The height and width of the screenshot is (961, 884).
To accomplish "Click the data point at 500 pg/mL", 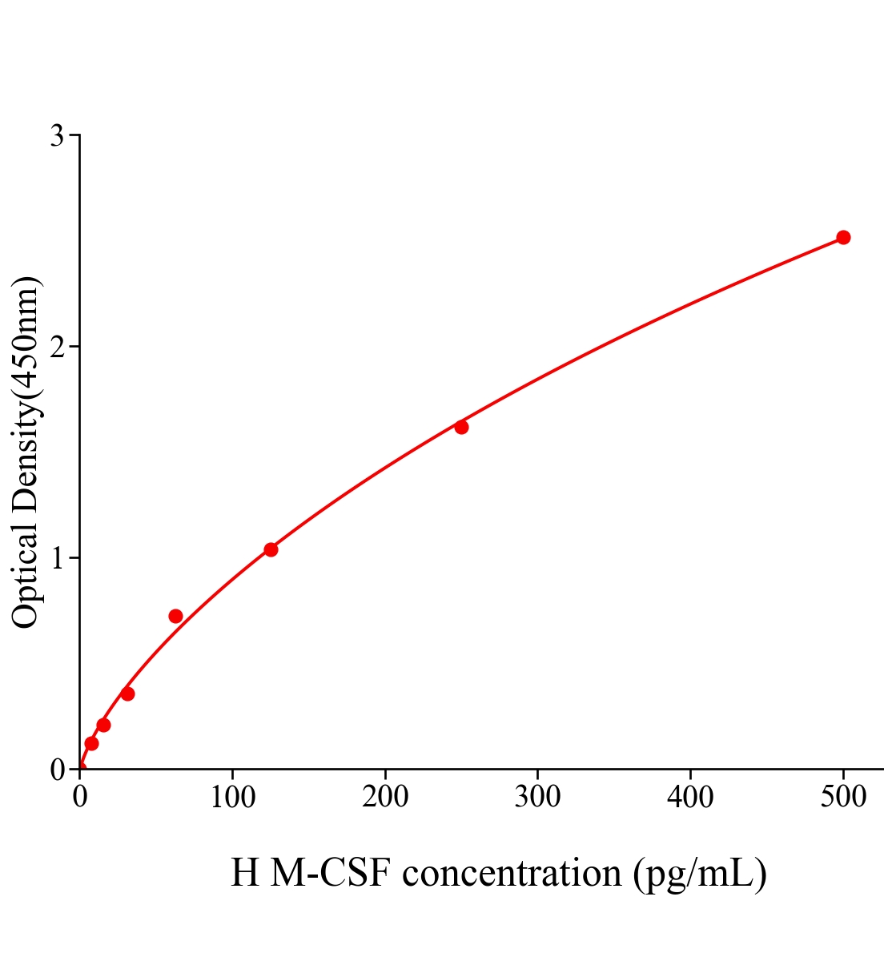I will pyautogui.click(x=843, y=237).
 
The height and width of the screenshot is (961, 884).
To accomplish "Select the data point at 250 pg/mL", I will pyautogui.click(x=461, y=427).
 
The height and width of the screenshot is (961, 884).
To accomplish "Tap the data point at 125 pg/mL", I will pyautogui.click(x=271, y=549).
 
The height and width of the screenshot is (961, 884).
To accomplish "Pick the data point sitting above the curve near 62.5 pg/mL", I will pyautogui.click(x=175, y=616).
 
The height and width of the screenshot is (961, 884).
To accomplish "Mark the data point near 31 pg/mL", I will pyautogui.click(x=127, y=694).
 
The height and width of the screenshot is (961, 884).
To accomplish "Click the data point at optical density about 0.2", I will pyautogui.click(x=103, y=725).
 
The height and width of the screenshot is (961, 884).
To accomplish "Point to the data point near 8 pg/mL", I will pyautogui.click(x=91, y=743).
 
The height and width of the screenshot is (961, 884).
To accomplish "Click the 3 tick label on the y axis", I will pyautogui.click(x=57, y=136).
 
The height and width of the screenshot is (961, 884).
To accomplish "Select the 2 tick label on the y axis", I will pyautogui.click(x=57, y=347).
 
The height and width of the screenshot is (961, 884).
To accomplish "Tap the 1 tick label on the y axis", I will pyautogui.click(x=57, y=558).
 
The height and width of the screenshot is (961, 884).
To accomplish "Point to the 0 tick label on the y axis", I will pyautogui.click(x=57, y=770).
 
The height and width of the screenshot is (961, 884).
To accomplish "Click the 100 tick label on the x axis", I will pyautogui.click(x=232, y=798).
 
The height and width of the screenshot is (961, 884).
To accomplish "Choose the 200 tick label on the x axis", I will pyautogui.click(x=385, y=798).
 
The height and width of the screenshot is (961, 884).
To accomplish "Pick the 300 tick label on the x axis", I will pyautogui.click(x=537, y=798).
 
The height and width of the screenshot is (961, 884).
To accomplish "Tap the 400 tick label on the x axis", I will pyautogui.click(x=690, y=798).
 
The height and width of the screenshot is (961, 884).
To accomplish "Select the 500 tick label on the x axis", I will pyautogui.click(x=843, y=798).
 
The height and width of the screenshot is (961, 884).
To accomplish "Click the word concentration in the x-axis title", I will pyautogui.click(x=512, y=873).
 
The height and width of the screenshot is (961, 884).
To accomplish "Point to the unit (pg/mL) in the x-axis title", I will pyautogui.click(x=700, y=873).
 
